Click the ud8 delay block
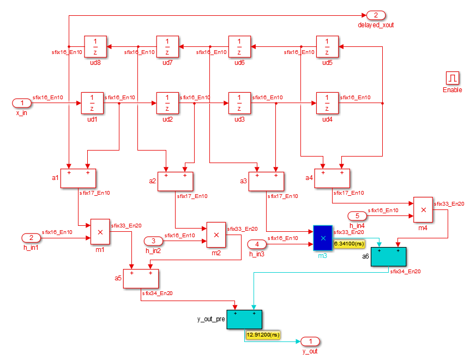tap(95, 47)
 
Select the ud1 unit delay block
tap(92, 103)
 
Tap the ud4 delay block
tap(327, 103)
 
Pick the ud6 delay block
tap(239, 47)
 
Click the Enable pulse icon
tap(453, 78)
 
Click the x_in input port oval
tap(22, 103)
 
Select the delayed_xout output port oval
tap(376, 15)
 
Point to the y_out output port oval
tap(310, 341)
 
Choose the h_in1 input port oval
tap(31, 238)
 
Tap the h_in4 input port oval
tap(357, 216)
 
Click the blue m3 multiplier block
tap(323, 238)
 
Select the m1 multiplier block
tap(100, 232)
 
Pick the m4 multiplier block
tap(423, 210)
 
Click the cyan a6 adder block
tap(388, 256)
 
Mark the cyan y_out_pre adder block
tap(244, 320)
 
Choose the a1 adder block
tap(78, 179)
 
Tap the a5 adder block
tap(141, 278)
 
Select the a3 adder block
tap(266, 181)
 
